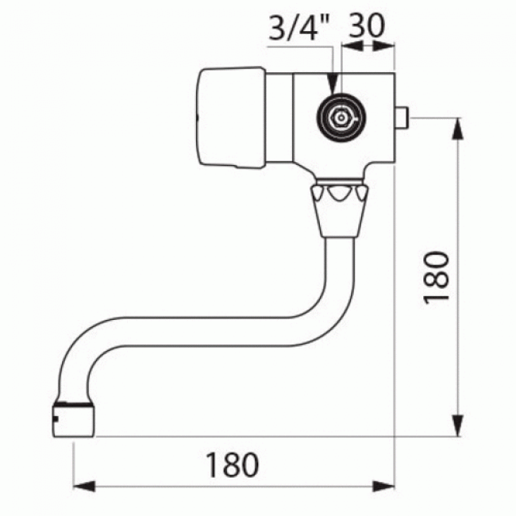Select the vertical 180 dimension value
pos(437,275)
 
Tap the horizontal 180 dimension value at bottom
pos(233,465)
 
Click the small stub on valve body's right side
pos(402,119)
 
